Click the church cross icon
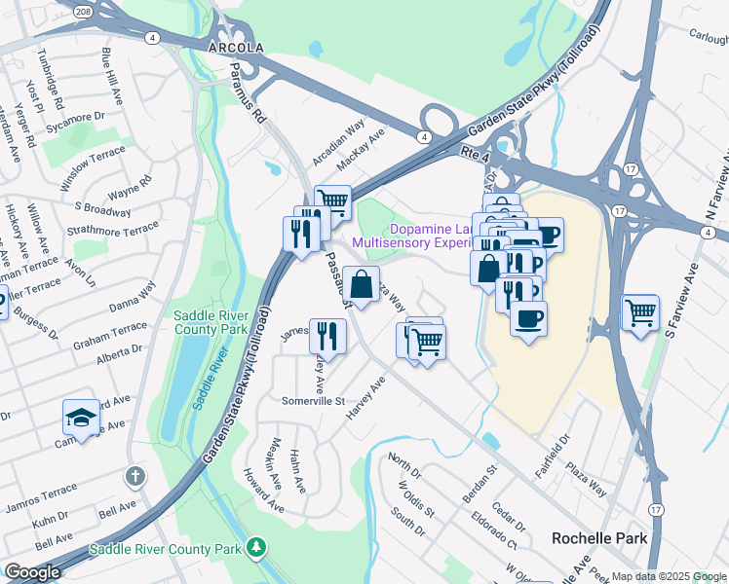(135, 477)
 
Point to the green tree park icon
(255, 547)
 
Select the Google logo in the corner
(32, 571)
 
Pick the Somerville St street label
(314, 401)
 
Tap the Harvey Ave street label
(365, 399)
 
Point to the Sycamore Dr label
(81, 117)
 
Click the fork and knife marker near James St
(327, 337)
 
